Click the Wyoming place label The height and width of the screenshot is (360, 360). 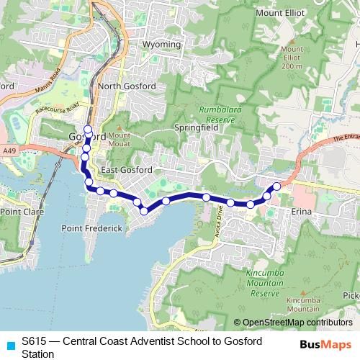click(162, 45)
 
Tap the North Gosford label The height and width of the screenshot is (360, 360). click(127, 87)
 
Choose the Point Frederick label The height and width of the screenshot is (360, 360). click(91, 228)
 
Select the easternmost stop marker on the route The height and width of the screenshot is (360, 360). click(276, 187)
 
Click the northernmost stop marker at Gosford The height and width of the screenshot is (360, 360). click(88, 130)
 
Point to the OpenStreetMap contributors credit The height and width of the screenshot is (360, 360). click(297, 323)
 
